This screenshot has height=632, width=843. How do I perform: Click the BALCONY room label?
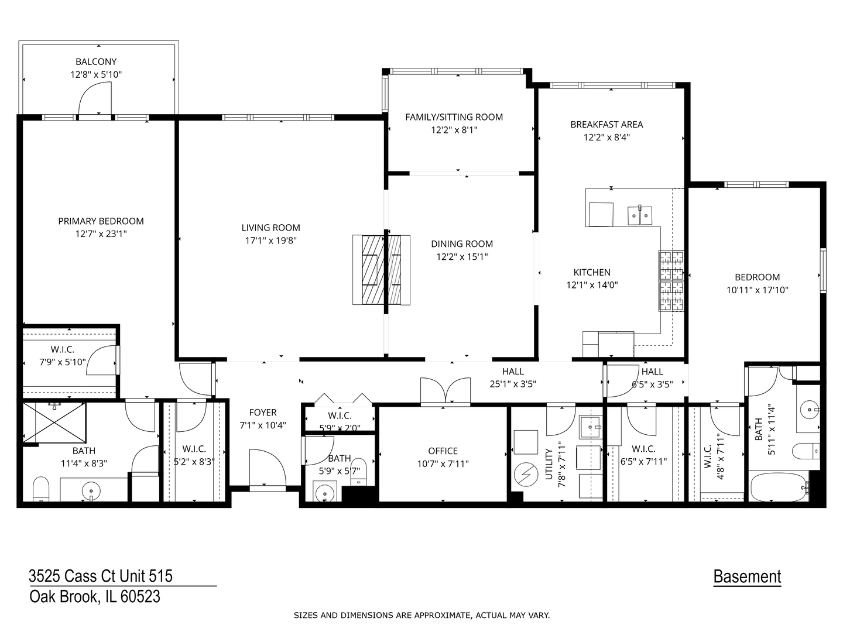[96, 61]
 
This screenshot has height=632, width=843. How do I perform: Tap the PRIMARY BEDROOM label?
[101, 221]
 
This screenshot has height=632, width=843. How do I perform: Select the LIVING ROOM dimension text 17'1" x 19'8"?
[270, 241]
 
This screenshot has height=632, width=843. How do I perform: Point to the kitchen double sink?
[640, 215]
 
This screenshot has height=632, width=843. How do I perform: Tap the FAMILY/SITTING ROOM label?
[454, 117]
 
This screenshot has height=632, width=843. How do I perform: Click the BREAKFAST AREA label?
[606, 125]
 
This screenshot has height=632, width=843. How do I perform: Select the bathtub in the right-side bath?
[777, 486]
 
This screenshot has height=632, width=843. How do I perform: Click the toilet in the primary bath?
[40, 489]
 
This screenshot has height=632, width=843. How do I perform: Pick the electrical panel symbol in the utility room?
[526, 476]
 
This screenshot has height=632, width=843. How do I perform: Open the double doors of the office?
[446, 391]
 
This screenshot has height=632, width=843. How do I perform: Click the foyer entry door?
[267, 468]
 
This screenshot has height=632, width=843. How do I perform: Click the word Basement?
[747, 577]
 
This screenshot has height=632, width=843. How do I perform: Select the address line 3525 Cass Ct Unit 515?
[101, 576]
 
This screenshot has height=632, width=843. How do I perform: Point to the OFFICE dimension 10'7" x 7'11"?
[443, 464]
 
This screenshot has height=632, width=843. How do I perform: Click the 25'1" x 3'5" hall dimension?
[513, 384]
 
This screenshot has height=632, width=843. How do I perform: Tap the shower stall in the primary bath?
[54, 423]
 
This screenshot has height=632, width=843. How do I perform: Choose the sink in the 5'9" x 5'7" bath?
[324, 493]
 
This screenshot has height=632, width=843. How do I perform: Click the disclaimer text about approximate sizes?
[421, 615]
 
